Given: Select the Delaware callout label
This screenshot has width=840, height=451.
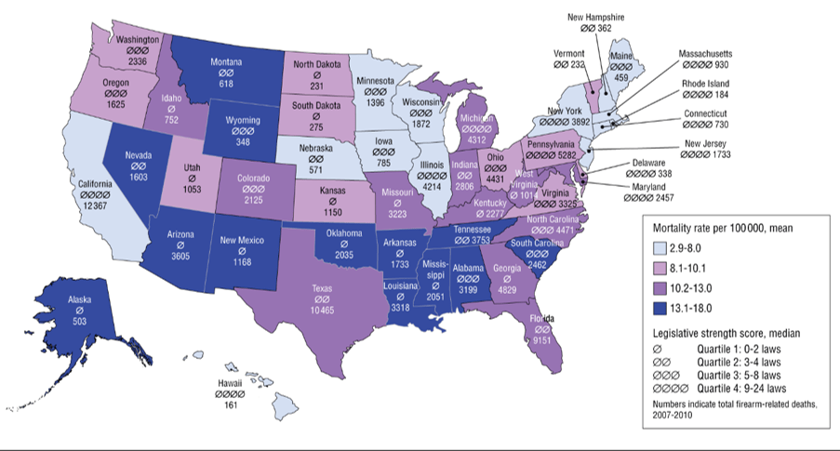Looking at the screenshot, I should [697, 161].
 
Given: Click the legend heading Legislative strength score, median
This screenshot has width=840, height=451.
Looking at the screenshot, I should [726, 331].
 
